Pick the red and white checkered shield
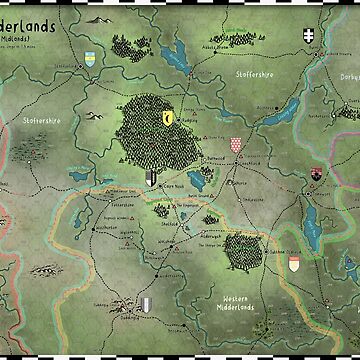[236, 146]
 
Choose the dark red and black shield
[317, 174]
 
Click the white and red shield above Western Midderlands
[294, 264]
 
